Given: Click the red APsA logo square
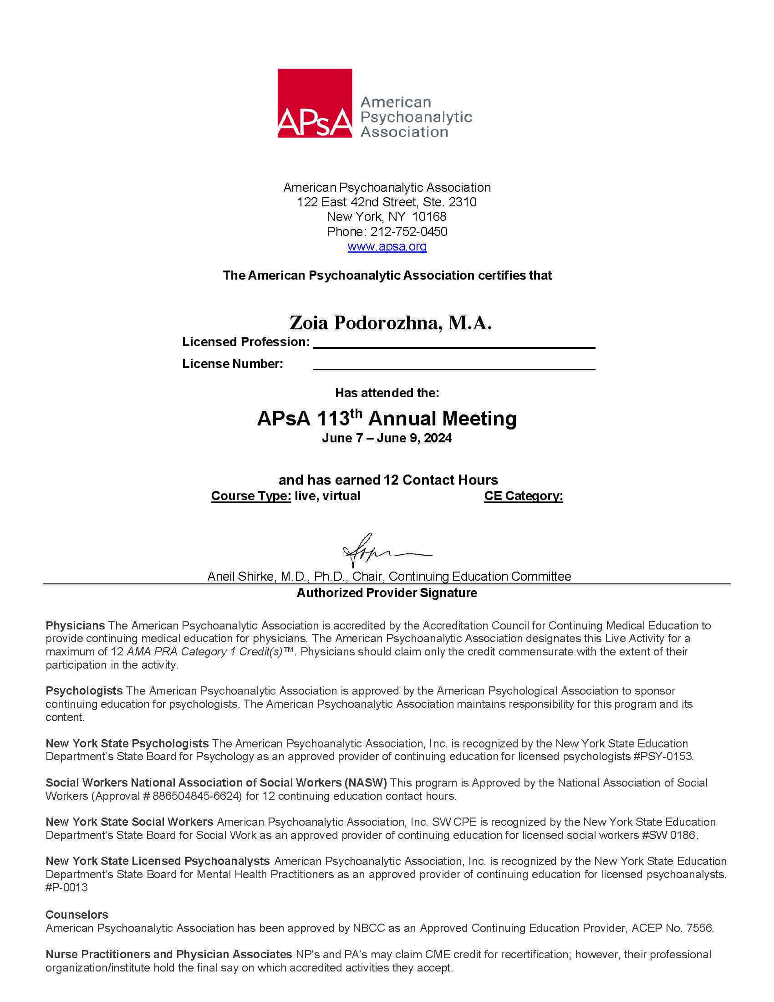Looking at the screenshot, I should (315, 103).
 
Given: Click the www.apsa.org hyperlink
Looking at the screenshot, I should (387, 246).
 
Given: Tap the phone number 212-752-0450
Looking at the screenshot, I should (408, 232).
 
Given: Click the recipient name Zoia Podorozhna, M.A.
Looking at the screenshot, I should (390, 323).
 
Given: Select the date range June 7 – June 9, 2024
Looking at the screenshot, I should (387, 438).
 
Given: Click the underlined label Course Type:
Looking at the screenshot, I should (251, 496).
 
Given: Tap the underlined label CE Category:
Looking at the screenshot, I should (523, 496).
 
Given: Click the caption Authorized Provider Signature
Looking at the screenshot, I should (387, 593).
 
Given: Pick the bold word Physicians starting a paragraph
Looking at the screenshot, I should (75, 625).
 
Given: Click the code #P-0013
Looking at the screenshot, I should (66, 887).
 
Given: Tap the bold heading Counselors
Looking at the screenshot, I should (76, 915).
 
